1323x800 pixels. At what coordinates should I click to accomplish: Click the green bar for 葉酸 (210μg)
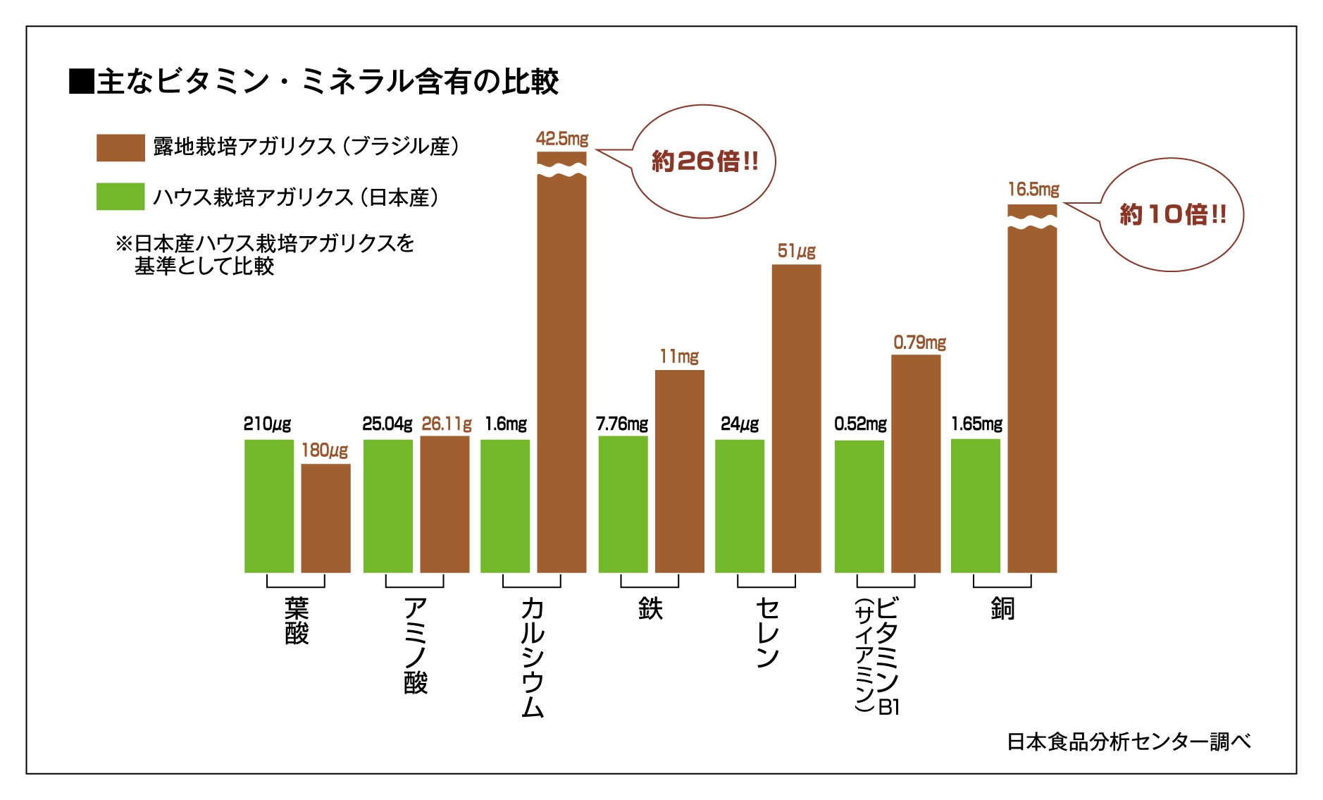coord(268,505)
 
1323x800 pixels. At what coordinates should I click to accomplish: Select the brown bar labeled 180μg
coord(325,518)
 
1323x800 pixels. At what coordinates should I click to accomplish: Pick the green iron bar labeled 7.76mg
coord(623,504)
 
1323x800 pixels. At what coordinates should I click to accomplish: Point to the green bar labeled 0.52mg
coord(859,506)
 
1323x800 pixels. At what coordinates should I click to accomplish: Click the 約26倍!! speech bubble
coord(704,161)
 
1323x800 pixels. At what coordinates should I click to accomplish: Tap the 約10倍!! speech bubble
coord(1172,214)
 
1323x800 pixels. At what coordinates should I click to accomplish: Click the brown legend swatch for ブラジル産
coord(120,148)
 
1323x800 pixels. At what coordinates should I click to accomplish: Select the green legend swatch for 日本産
coord(120,197)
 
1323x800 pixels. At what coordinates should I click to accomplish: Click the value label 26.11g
coord(447,424)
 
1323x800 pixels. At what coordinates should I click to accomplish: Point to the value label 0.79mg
coord(919,343)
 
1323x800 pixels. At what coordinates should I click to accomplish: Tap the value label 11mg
coord(679,357)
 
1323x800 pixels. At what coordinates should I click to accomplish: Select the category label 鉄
coord(650,608)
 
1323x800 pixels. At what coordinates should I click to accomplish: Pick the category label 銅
coord(1002,608)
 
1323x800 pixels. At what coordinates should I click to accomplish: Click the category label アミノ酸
coord(416,645)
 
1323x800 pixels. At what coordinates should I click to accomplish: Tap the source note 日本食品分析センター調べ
coord(1129,741)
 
